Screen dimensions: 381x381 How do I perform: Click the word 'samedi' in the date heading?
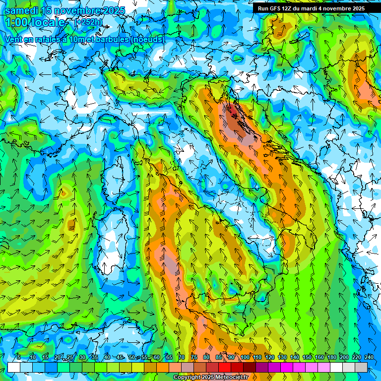tap(22, 10)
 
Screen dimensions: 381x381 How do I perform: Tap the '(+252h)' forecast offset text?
tap(89, 22)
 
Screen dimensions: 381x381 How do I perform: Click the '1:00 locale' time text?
tap(37, 23)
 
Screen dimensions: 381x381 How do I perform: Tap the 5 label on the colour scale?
tap(19, 358)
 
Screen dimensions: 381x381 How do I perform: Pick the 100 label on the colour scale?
tap(245, 358)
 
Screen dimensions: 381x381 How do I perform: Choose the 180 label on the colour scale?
tap(330, 358)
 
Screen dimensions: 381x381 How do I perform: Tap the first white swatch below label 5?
tap(14, 367)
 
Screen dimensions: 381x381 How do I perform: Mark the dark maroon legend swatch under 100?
tap(250, 367)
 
